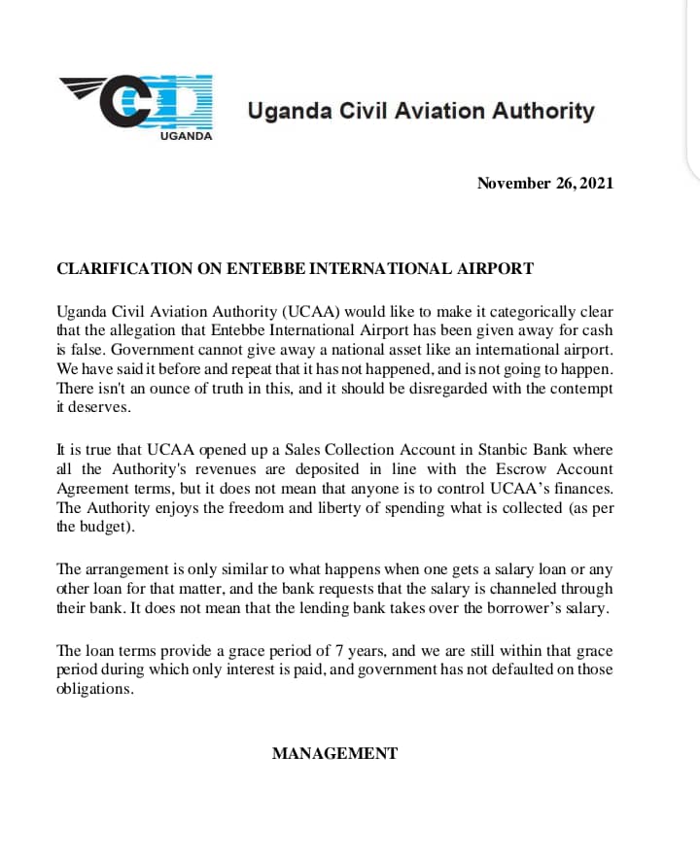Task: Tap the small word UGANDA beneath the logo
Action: click(185, 136)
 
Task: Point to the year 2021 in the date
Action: click(596, 183)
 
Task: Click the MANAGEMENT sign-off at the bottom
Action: click(334, 753)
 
